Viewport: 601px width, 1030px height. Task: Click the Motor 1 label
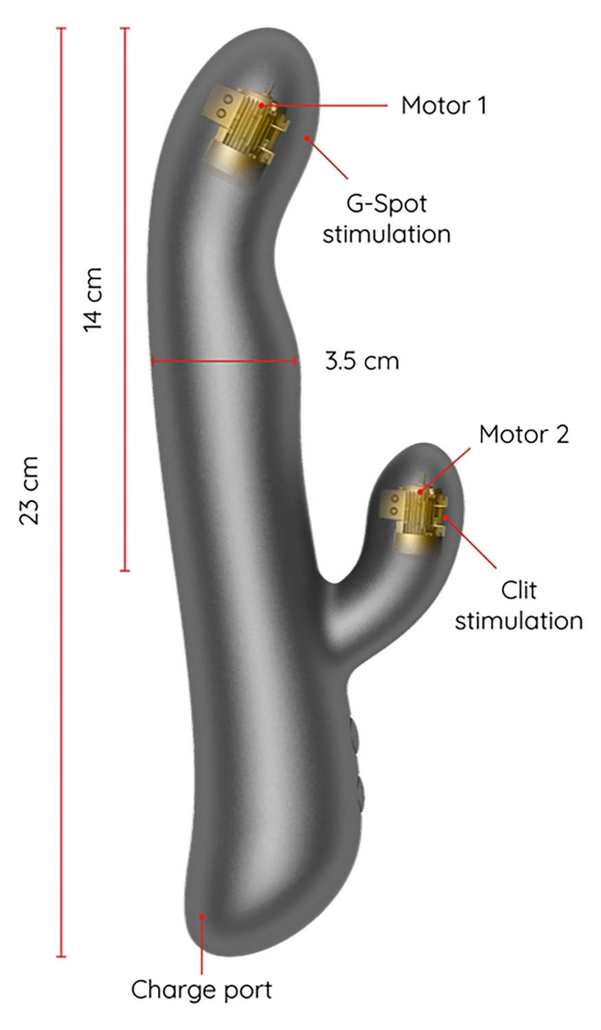[x=443, y=106]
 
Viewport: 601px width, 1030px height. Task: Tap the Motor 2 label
[x=523, y=434]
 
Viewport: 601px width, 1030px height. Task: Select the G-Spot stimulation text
[x=386, y=218]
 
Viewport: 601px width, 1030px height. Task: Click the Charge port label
[x=201, y=989]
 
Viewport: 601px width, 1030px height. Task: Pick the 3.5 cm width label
[x=361, y=360]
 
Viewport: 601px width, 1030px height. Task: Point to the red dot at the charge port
[x=202, y=916]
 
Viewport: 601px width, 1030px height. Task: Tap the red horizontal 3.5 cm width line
[x=223, y=360]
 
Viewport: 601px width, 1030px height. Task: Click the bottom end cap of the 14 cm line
[x=124, y=570]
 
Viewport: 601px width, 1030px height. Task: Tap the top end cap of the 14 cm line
[x=124, y=28]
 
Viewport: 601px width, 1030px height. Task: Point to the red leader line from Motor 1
[x=330, y=105]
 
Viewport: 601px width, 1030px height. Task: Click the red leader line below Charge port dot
[x=202, y=948]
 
